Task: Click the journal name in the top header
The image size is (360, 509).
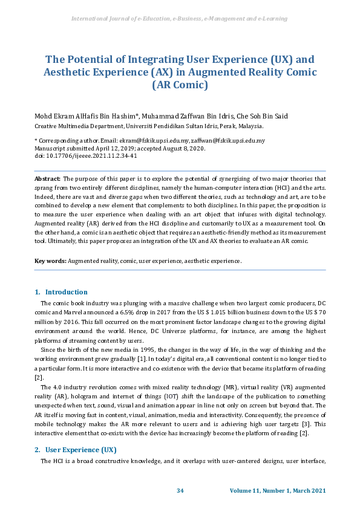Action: [179, 19]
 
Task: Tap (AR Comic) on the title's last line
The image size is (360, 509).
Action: [180, 85]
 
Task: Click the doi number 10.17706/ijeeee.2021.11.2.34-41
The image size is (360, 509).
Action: [90, 155]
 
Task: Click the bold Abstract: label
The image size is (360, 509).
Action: [47, 180]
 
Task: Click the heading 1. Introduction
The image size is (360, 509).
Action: [61, 292]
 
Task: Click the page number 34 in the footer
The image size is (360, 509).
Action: [180, 490]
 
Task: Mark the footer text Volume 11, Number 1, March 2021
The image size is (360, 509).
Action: [278, 490]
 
